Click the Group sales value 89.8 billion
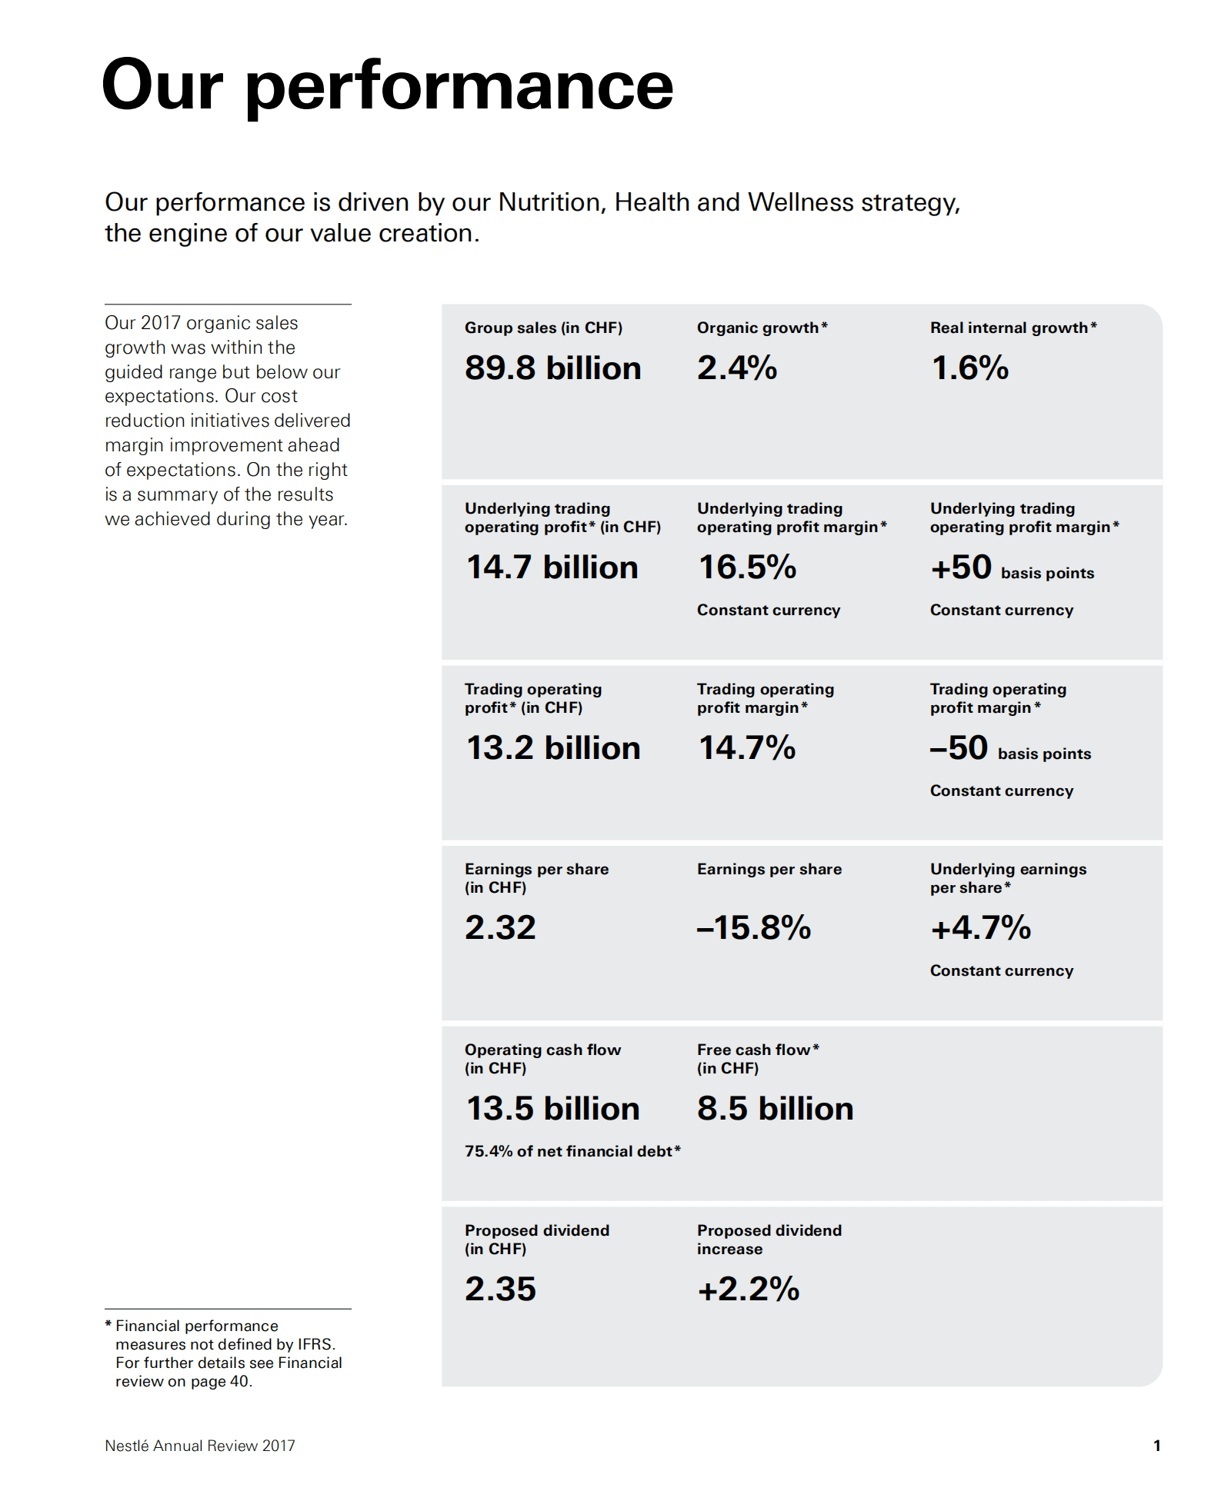pos(552,368)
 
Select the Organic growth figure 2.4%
pos(736,368)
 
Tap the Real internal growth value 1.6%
pos(969,368)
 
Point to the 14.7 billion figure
pos(552,567)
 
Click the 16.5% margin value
pos(746,567)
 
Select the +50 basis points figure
pos(1011,569)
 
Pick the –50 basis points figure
pos(1009,749)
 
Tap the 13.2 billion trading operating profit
pos(552,748)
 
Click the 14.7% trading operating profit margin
pos(746,748)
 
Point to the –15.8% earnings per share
pos(753,928)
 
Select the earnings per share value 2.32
pos(500,928)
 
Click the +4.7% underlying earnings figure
pos(980,928)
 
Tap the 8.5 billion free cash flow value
pos(775,1109)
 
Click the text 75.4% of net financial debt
pos(572,1151)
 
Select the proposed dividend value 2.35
pos(500,1290)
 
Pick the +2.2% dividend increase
pos(748,1290)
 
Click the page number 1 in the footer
pos(1156,1446)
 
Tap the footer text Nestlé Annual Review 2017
pos(200,1446)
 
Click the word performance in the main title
pos(459,86)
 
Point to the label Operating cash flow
pos(542,1050)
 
